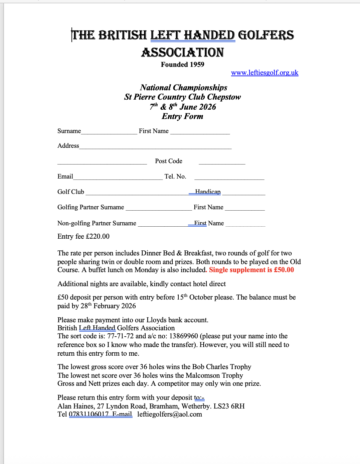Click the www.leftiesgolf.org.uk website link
[264, 73]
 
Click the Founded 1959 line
[182, 65]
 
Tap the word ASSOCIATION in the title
[182, 52]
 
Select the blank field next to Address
[155, 147]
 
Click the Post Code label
[169, 161]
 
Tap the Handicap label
[208, 192]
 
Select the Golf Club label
[71, 192]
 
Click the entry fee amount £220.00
[98, 236]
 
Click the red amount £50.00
[284, 270]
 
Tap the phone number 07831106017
[89, 415]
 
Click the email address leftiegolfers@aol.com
[170, 415]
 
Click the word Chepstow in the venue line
[224, 97]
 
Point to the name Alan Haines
[75, 406]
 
